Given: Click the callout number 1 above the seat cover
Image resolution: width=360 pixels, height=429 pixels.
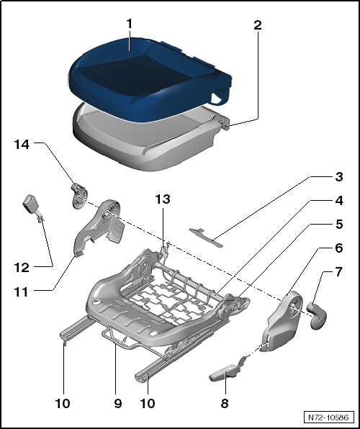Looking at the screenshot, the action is [129, 24].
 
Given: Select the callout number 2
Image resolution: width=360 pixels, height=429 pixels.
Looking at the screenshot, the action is [258, 25].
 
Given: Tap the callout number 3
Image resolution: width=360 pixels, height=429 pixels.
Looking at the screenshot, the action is [339, 177].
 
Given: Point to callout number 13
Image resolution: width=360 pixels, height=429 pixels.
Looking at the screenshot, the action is [163, 199].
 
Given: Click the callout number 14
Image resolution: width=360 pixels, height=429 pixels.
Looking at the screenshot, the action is [22, 144].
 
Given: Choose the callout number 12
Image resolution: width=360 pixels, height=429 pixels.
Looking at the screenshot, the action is [22, 268].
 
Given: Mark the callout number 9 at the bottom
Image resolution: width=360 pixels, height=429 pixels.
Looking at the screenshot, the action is [117, 403].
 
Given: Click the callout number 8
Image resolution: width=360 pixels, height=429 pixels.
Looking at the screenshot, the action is [225, 403].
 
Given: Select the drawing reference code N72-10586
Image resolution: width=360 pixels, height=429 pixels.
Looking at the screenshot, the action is [328, 417].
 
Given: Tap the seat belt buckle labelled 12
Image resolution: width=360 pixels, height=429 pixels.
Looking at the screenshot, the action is [31, 206].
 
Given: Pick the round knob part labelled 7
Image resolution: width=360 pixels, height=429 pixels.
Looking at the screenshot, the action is [317, 315].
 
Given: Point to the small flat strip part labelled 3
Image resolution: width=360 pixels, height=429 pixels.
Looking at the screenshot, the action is [206, 238].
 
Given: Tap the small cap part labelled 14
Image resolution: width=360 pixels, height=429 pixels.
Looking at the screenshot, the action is [78, 196].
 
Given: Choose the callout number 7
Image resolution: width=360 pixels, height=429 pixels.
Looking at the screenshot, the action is [339, 272].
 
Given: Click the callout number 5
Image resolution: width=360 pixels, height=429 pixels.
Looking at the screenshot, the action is [339, 225].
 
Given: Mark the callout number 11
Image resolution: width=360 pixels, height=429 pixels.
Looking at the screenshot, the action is [22, 292].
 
